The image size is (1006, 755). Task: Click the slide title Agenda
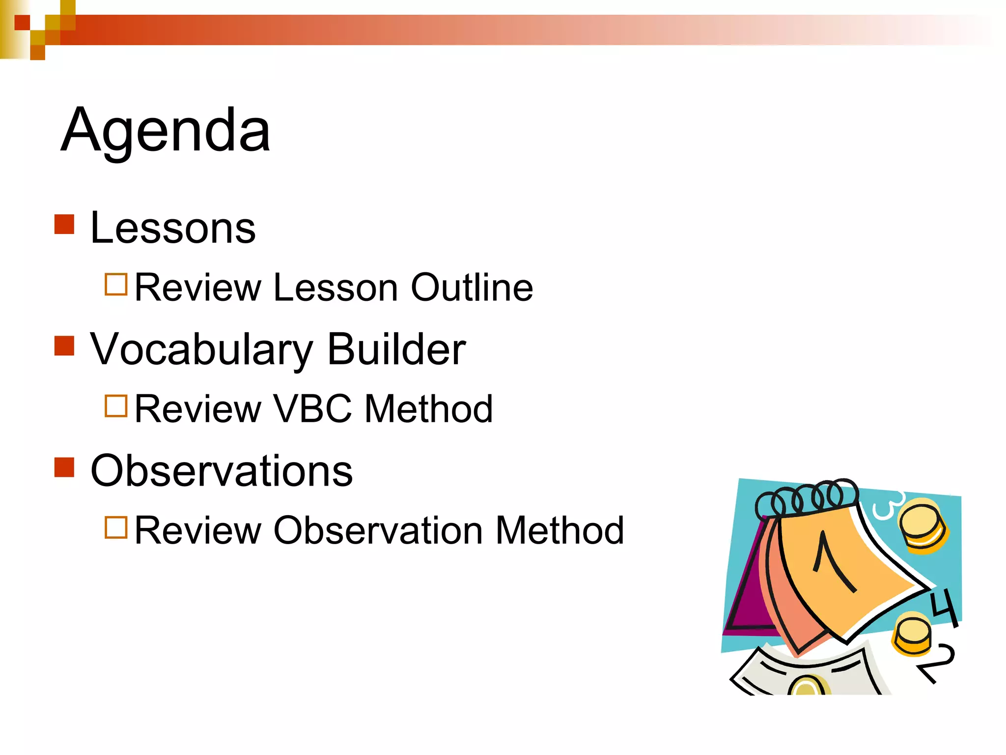pos(166,130)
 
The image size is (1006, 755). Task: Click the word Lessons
pos(173,228)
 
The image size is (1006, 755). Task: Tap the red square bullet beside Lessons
pos(64,224)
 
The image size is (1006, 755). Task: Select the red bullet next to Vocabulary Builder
pos(64,346)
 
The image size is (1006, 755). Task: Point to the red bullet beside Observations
pos(64,467)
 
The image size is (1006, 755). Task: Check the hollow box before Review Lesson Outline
pos(116,284)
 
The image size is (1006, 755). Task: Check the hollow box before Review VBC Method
pos(116,406)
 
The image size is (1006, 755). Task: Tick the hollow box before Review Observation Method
pos(116,527)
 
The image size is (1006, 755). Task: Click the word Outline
pos(472,287)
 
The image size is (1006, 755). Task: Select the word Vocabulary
pos(201,350)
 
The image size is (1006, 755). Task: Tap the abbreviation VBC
pos(312,408)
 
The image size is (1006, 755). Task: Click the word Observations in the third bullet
pos(222,470)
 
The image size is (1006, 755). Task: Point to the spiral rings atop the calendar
pos(806,499)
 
